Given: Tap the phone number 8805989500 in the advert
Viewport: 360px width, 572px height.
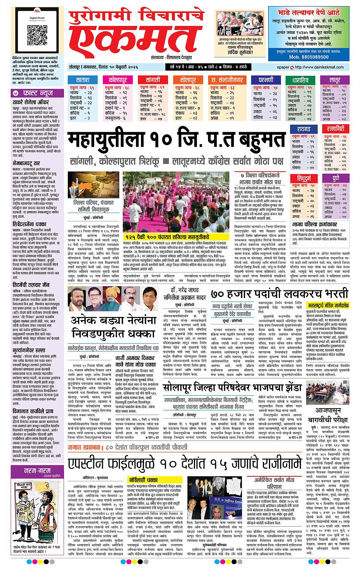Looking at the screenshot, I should pos(314,56).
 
